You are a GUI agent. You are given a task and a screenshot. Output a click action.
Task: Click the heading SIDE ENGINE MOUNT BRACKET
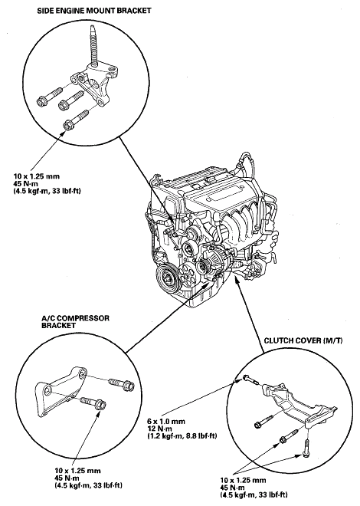point(93,11)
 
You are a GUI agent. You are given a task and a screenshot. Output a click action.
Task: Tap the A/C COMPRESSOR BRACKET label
point(75,322)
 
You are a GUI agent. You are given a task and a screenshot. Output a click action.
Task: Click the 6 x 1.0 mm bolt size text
point(166,421)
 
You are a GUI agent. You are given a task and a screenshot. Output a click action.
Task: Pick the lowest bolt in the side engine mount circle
point(77,120)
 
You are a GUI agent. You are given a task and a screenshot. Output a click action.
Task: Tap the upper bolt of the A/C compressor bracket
point(122,384)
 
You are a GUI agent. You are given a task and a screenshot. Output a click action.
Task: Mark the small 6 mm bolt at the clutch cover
point(250,379)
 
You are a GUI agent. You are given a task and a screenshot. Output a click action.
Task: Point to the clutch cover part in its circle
point(299,406)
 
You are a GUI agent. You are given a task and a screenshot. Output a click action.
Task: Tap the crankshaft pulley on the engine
point(169,277)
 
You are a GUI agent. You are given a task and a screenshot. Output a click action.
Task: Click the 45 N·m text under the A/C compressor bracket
point(67,478)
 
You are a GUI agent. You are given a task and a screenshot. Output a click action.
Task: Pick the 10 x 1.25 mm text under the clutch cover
point(244,480)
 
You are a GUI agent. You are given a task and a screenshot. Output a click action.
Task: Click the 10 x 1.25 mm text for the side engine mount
point(37,176)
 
